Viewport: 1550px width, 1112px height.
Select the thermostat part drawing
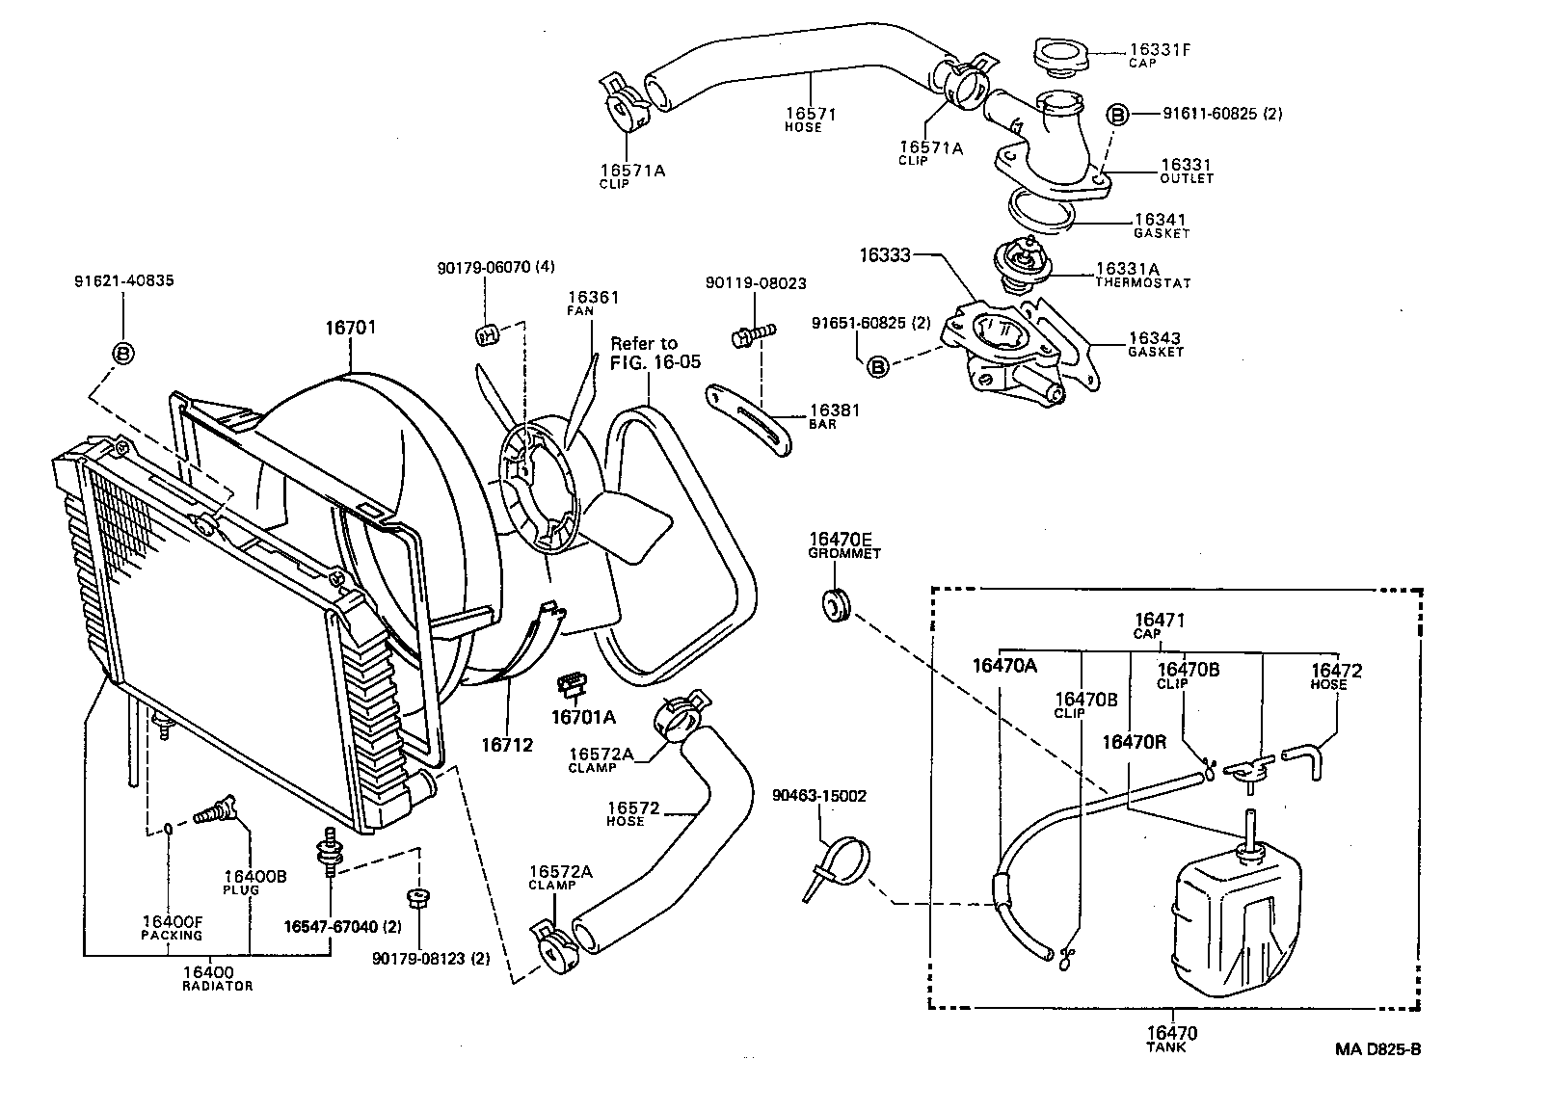point(1018,267)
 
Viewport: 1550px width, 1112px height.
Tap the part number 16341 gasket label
point(1160,221)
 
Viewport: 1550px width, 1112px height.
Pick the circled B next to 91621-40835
point(123,354)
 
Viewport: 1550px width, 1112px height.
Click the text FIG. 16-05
point(655,362)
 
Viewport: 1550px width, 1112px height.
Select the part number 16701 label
point(350,328)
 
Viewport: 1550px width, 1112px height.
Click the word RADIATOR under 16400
point(217,986)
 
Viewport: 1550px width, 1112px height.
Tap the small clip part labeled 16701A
point(571,686)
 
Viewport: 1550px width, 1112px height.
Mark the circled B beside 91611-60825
point(1116,115)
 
